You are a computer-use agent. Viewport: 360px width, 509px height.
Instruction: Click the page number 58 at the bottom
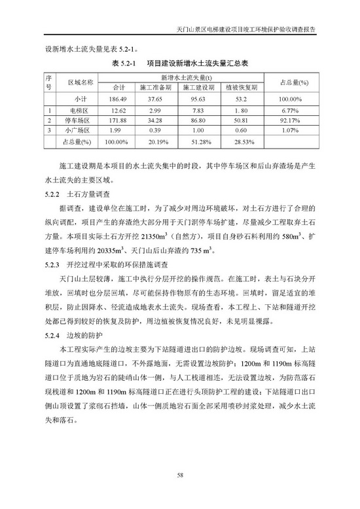180,476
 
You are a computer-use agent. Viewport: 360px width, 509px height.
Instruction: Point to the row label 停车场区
81,121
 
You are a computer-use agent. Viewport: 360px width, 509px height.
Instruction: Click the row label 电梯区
81,110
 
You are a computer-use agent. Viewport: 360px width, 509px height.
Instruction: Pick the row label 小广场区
81,131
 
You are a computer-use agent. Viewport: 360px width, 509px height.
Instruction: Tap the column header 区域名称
81,81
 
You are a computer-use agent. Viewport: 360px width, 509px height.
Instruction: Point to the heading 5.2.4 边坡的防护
77,335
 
